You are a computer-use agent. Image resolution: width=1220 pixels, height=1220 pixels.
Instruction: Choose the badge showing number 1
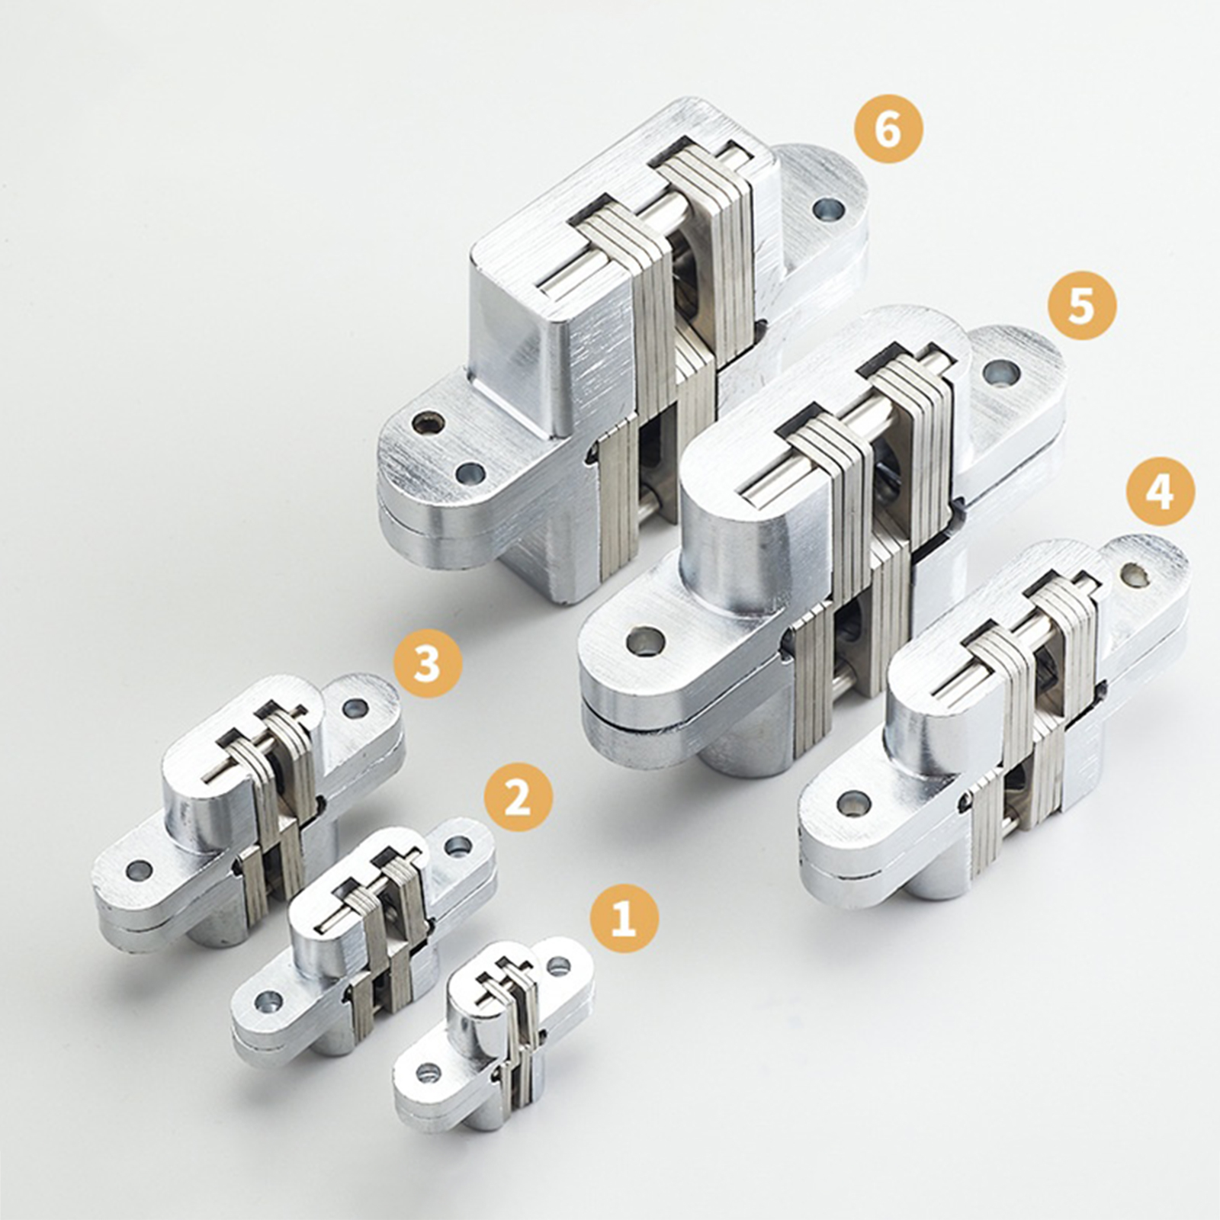point(624,919)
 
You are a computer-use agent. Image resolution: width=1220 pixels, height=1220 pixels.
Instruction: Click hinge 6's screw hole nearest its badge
point(827,208)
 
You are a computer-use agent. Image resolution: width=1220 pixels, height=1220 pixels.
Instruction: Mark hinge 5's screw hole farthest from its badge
point(644,641)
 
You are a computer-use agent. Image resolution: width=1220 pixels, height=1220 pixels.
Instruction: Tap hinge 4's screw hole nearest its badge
point(1136,575)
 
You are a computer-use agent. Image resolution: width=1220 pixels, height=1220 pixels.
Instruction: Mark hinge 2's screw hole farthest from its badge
point(268,1000)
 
